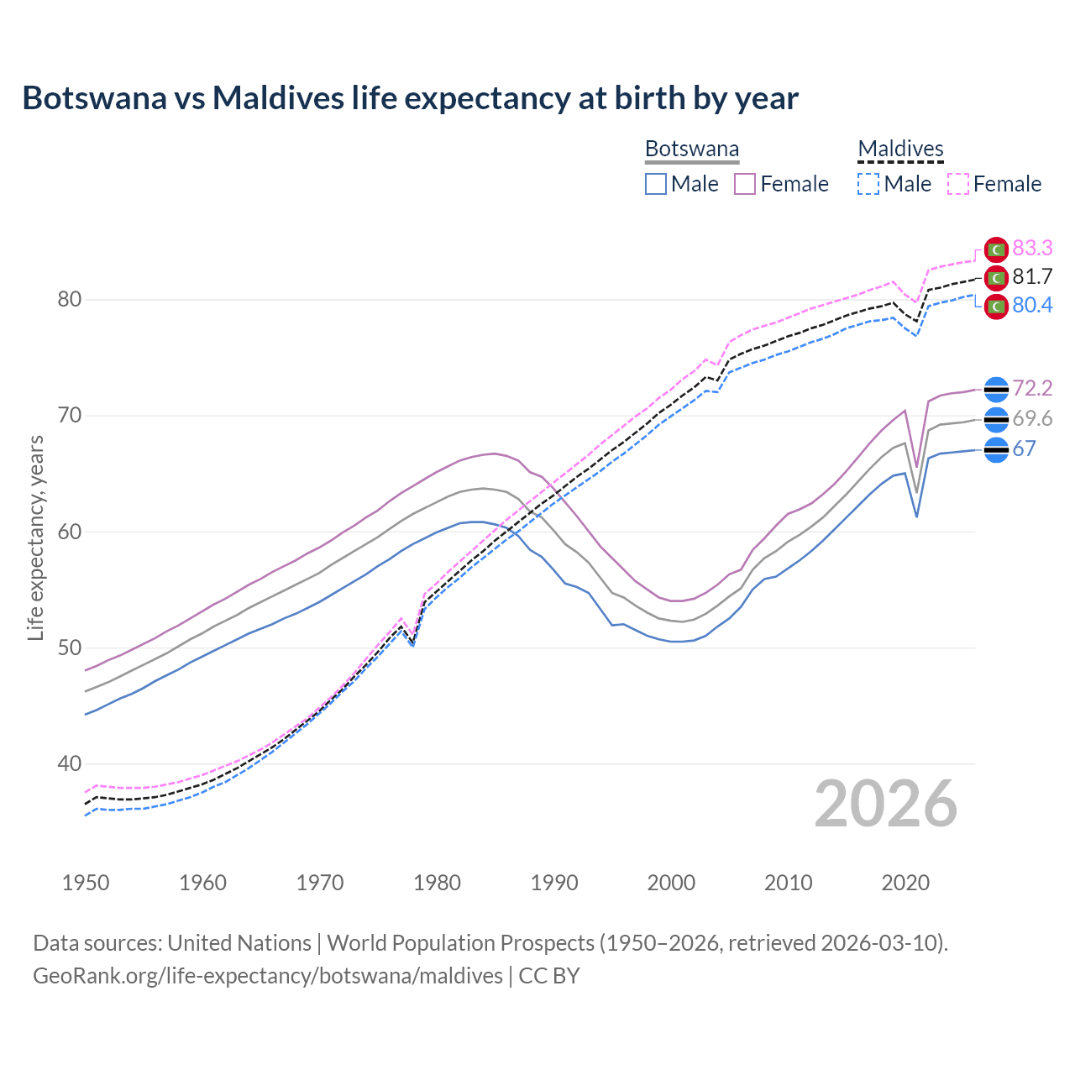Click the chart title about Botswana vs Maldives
pyautogui.click(x=410, y=98)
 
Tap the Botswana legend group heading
pyautogui.click(x=692, y=149)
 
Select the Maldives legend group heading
pyautogui.click(x=900, y=149)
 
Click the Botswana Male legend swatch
pyautogui.click(x=656, y=184)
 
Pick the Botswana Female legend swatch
pyautogui.click(x=745, y=184)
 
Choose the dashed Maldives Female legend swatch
pyautogui.click(x=958, y=184)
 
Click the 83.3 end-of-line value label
pyautogui.click(x=1032, y=248)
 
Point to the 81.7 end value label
pyautogui.click(x=1032, y=276)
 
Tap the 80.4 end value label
pyautogui.click(x=1032, y=305)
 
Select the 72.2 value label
pyautogui.click(x=1032, y=388)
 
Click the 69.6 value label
pyautogui.click(x=1032, y=418)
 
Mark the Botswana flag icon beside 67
pyautogui.click(x=996, y=450)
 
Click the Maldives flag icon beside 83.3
pyautogui.click(x=996, y=249)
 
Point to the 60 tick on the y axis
pyautogui.click(x=70, y=532)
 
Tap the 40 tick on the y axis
pyautogui.click(x=70, y=763)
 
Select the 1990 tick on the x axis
pyautogui.click(x=554, y=883)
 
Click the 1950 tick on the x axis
pyautogui.click(x=86, y=883)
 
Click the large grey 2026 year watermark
pyautogui.click(x=885, y=804)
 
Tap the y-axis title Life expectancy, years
pyautogui.click(x=35, y=537)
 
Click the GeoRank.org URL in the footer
pyautogui.click(x=267, y=975)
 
